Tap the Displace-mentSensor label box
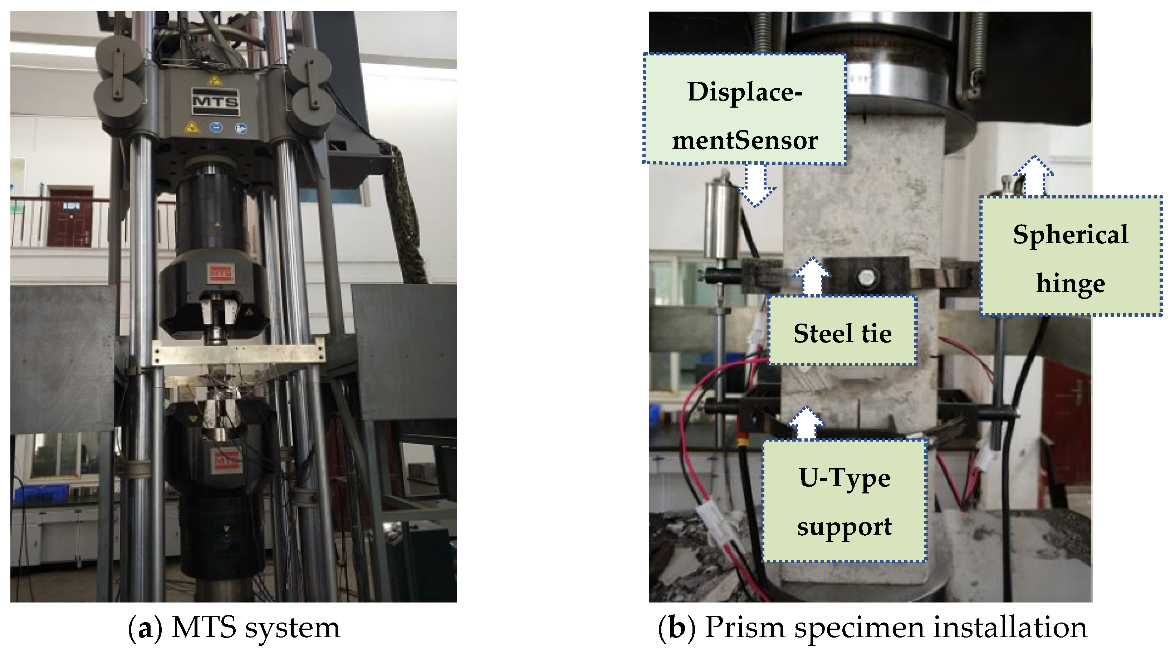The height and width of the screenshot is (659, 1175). tap(744, 109)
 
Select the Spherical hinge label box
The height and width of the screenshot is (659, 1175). tap(1071, 256)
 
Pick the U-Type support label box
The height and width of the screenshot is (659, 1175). tap(844, 500)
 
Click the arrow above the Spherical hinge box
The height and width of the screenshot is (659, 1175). tap(1034, 176)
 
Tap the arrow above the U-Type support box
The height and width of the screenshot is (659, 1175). tap(806, 423)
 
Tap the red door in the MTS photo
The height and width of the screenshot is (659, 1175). tap(70, 216)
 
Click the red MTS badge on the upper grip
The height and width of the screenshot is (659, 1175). tap(221, 273)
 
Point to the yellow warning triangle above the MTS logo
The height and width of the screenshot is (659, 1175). tap(214, 81)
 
